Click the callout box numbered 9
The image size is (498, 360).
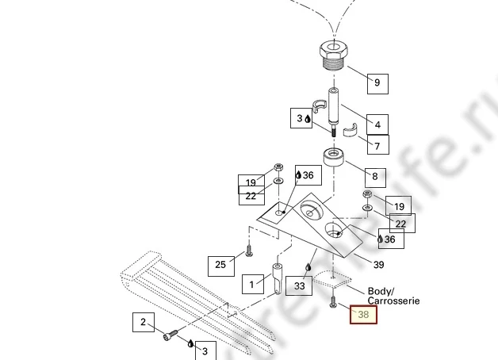click(377, 82)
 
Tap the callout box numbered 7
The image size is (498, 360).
click(377, 146)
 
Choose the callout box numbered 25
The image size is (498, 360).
click(220, 263)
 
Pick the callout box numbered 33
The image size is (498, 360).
click(300, 285)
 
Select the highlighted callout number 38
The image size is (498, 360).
click(364, 315)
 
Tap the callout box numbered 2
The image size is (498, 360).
click(143, 322)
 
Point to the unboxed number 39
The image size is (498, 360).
click(378, 265)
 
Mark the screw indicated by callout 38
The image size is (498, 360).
click(334, 301)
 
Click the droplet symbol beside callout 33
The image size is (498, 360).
click(308, 267)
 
